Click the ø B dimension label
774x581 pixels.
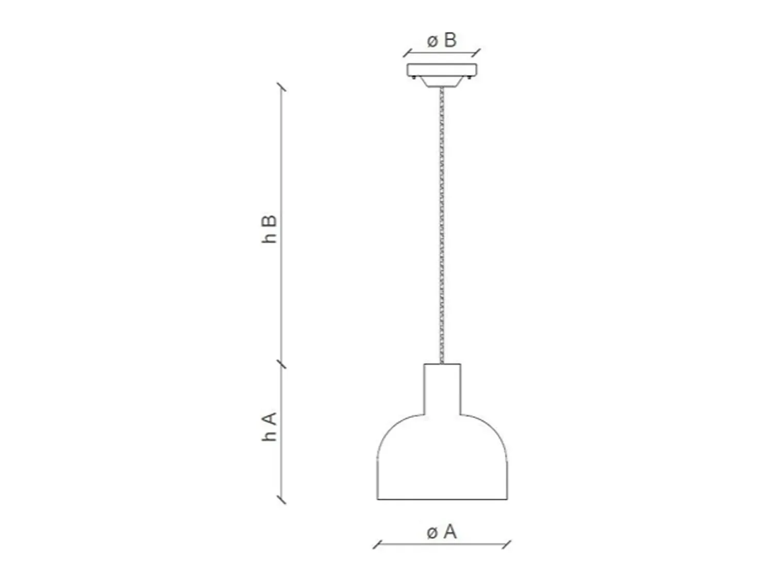pyautogui.click(x=442, y=40)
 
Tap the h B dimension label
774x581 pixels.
pyautogui.click(x=269, y=229)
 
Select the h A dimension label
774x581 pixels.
pyautogui.click(x=269, y=427)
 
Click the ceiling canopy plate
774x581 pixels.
pyautogui.click(x=442, y=70)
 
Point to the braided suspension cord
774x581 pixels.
pyautogui.click(x=442, y=225)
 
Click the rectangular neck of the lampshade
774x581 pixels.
pyautogui.click(x=442, y=389)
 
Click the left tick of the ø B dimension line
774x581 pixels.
pyautogui.click(x=408, y=53)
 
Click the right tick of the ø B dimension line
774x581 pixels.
pyautogui.click(x=476, y=53)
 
